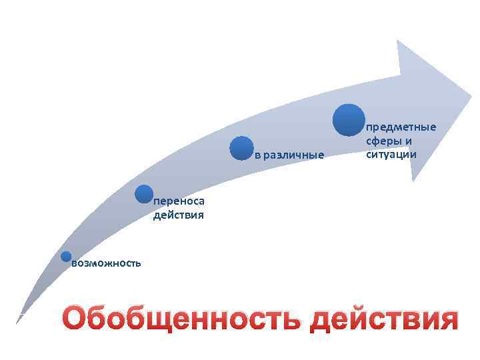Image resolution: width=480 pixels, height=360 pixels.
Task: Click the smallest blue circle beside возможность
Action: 66,257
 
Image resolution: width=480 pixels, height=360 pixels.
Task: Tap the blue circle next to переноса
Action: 143,194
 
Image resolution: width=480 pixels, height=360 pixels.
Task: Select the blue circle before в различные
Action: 241,148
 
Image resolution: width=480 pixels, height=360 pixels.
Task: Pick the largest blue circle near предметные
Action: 349,120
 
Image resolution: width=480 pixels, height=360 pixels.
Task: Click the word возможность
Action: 106,263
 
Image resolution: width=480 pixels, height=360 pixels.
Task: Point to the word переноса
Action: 179,202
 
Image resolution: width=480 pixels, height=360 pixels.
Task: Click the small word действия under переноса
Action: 178,215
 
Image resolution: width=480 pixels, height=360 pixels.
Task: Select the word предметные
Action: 401,127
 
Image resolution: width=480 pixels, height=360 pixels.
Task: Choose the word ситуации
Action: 391,154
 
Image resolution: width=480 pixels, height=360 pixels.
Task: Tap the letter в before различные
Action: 258,156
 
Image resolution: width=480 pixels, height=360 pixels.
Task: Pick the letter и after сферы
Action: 409,141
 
